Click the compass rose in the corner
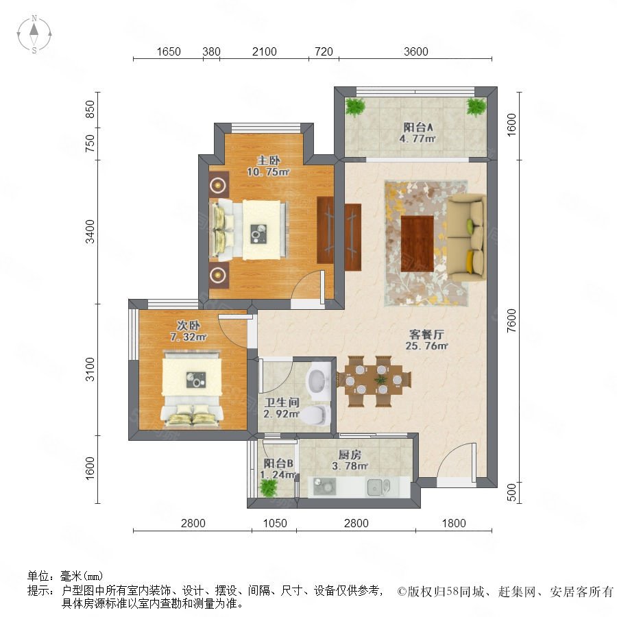(34, 34)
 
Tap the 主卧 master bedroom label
(268, 160)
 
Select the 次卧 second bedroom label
(188, 326)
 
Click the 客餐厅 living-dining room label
(426, 335)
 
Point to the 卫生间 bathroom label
(282, 402)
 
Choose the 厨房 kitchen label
(350, 455)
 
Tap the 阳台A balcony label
(418, 127)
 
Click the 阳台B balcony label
(278, 463)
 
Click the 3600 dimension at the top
(415, 51)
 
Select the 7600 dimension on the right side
(511, 321)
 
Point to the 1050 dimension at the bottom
(275, 523)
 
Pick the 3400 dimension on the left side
(90, 232)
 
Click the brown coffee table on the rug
(417, 243)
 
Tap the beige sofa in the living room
(466, 237)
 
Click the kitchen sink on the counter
(378, 487)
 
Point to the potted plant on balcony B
(269, 488)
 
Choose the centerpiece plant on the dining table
(380, 380)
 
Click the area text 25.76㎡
(426, 346)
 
